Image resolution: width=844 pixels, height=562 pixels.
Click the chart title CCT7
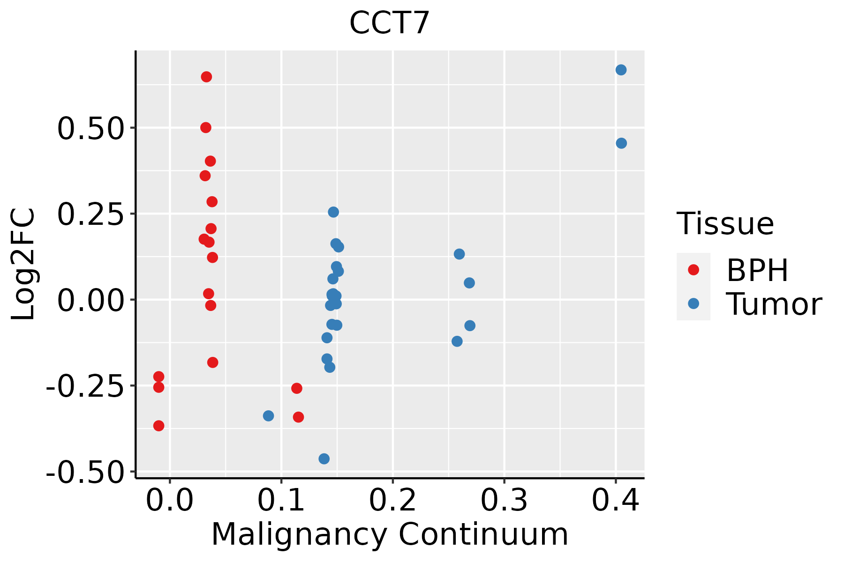click(x=390, y=23)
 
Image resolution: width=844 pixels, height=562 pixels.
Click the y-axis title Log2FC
click(x=23, y=264)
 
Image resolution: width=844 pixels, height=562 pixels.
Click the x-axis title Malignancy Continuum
click(x=390, y=535)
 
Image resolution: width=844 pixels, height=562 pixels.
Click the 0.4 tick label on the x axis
click(x=615, y=500)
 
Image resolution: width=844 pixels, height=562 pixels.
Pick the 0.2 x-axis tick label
click(x=392, y=500)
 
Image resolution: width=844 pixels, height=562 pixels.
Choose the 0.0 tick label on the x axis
click(x=170, y=500)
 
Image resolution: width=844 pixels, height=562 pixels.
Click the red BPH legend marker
click(x=693, y=270)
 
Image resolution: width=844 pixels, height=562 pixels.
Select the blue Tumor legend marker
click(x=693, y=303)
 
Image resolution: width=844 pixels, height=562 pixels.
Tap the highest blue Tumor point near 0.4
click(x=621, y=70)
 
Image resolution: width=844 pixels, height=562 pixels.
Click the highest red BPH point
click(x=206, y=77)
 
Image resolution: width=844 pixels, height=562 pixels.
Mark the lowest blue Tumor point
click(x=324, y=458)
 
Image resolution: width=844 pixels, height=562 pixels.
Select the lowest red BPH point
click(x=159, y=426)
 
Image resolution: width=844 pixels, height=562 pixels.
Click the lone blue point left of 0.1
click(x=268, y=415)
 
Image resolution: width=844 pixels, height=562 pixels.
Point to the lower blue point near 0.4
click(x=621, y=143)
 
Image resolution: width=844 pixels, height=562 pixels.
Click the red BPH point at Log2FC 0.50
click(x=206, y=127)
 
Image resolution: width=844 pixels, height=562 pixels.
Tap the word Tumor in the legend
click(x=774, y=304)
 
